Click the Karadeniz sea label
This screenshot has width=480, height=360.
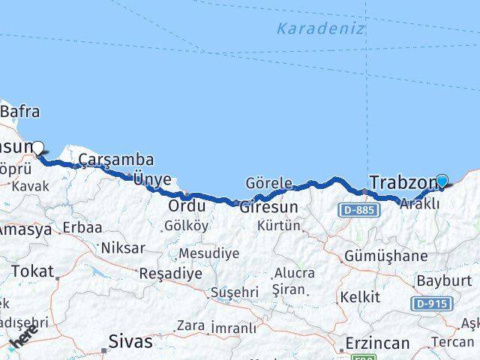320,29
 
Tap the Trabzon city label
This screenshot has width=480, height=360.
403,182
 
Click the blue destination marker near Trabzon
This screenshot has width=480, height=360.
442,181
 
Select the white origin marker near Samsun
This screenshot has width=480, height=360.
37,148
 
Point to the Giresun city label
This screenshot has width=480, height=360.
268,206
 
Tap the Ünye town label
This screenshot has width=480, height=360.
151,179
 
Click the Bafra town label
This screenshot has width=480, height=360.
21,112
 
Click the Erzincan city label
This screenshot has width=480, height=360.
377,343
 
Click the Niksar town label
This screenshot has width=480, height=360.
122,247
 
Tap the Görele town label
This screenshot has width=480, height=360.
268,183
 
